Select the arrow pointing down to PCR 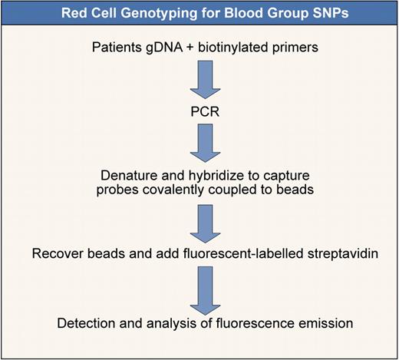pyautogui.click(x=199, y=83)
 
